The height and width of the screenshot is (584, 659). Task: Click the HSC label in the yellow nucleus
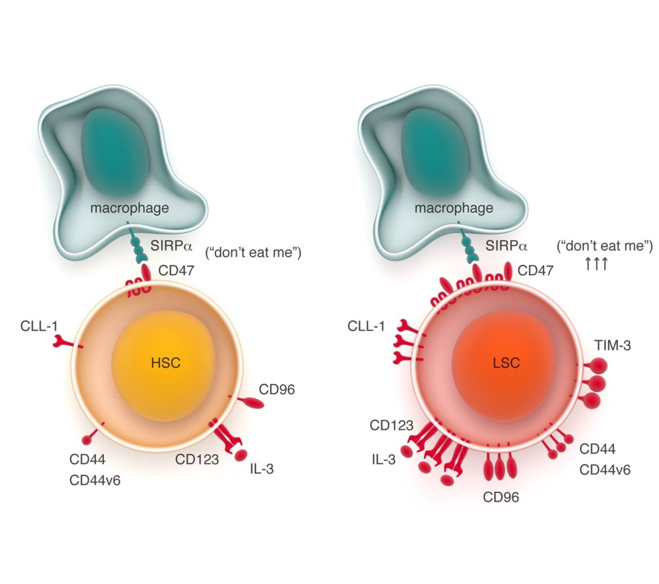tap(166, 363)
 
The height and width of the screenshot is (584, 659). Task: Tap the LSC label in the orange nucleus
tap(506, 363)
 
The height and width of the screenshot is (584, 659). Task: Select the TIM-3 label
tap(612, 345)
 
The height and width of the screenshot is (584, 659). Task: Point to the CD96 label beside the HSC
tap(276, 389)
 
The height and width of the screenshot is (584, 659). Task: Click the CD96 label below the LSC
tap(500, 497)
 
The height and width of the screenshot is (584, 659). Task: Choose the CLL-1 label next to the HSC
tap(39, 326)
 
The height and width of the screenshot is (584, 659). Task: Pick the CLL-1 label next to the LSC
tap(366, 326)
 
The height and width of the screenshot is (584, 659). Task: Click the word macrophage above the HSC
tap(129, 208)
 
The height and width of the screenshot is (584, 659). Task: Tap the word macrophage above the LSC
tap(454, 208)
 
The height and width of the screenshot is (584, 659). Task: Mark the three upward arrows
tap(596, 264)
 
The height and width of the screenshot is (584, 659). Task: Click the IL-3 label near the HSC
tap(262, 469)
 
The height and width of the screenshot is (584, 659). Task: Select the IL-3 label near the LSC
tap(384, 459)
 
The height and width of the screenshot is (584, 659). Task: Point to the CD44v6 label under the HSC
tap(95, 480)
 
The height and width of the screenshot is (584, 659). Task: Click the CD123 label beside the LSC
tap(391, 425)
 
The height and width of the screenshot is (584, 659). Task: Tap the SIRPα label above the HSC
tap(171, 246)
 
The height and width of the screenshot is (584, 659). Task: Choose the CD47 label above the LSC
tap(535, 270)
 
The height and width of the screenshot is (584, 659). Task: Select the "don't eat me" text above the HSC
tap(253, 253)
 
